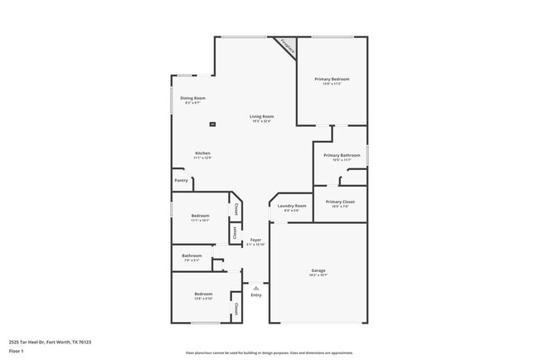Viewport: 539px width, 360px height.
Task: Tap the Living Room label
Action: (262, 116)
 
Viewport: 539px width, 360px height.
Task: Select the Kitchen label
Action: (203, 153)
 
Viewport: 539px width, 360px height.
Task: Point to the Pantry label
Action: (181, 180)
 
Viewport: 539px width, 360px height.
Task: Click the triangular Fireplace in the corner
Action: (288, 46)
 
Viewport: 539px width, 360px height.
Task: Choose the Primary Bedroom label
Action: (328, 79)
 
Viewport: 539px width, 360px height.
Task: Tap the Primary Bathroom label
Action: (342, 155)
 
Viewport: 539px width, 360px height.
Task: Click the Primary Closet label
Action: (340, 202)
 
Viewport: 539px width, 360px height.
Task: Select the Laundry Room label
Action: (292, 206)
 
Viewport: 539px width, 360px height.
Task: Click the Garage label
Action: (318, 270)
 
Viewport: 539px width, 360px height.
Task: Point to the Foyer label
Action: (255, 240)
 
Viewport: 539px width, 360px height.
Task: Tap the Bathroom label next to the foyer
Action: (192, 255)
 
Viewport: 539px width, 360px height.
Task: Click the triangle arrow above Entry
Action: (255, 288)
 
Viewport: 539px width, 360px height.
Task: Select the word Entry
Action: (255, 295)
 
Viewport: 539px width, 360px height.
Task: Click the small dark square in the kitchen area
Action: (213, 124)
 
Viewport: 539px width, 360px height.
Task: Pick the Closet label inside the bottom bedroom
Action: (236, 309)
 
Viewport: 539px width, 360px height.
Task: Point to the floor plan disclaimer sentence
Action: (269, 352)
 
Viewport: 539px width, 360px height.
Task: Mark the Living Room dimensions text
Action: (262, 121)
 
